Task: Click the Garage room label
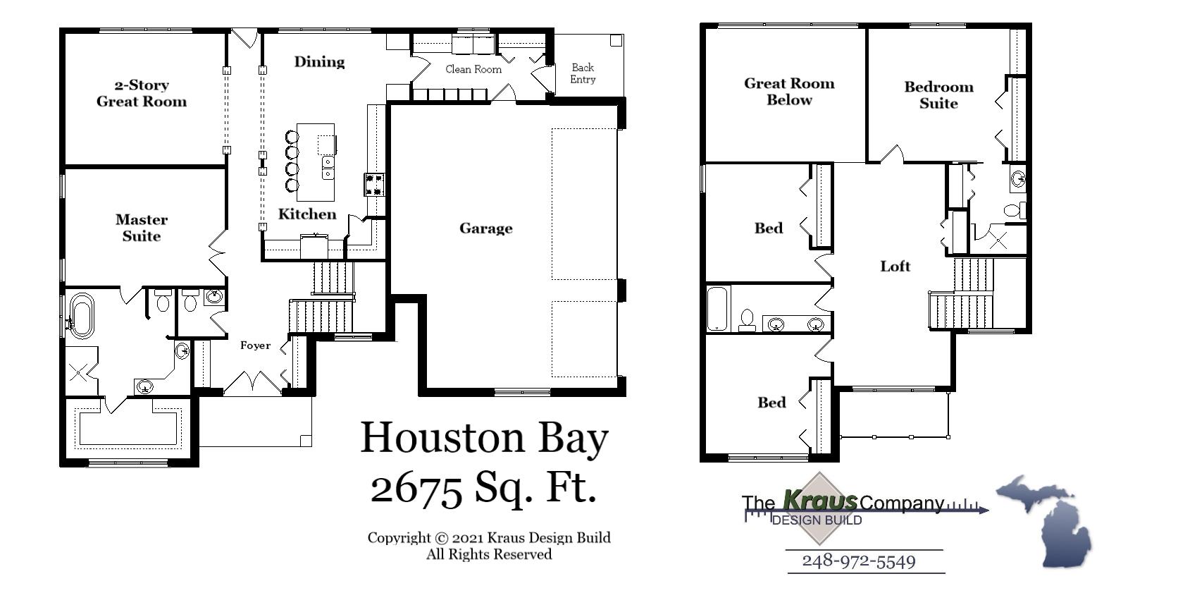485,228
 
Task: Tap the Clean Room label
473,69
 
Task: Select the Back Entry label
583,73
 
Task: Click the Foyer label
255,345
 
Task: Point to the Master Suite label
142,228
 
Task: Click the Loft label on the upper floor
895,266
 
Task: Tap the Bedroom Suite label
938,94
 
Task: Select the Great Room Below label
789,91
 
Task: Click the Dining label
319,62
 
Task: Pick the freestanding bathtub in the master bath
81,315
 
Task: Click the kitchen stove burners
374,185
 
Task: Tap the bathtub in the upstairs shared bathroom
717,308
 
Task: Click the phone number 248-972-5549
859,561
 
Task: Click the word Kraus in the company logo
820,501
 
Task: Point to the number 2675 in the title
416,488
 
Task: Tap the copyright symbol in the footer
442,538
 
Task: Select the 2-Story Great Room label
142,93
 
